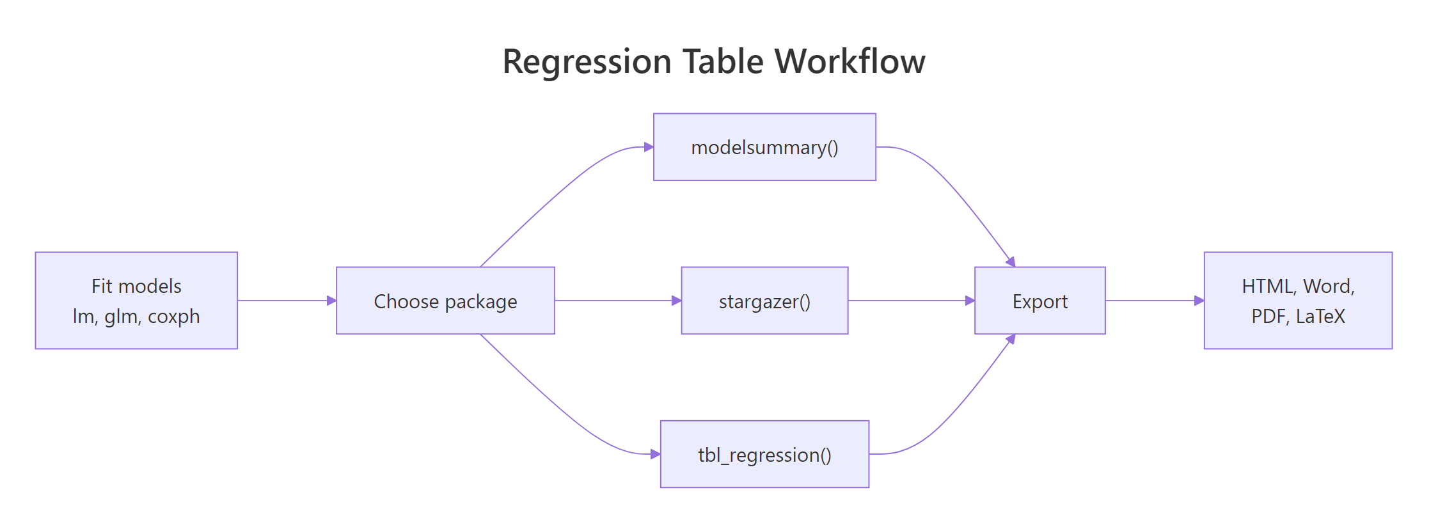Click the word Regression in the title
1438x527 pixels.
587,62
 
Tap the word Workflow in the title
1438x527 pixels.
850,62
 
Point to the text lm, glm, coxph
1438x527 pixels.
136,317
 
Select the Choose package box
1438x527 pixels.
445,301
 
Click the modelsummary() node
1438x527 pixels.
764,147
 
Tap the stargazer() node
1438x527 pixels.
764,301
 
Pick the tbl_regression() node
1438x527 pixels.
764,454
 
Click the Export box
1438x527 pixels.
1039,301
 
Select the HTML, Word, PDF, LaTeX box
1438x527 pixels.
1298,301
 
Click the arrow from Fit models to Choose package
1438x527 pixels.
285,301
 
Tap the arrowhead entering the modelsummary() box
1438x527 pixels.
649,147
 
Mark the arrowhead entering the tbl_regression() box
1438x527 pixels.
655,454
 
